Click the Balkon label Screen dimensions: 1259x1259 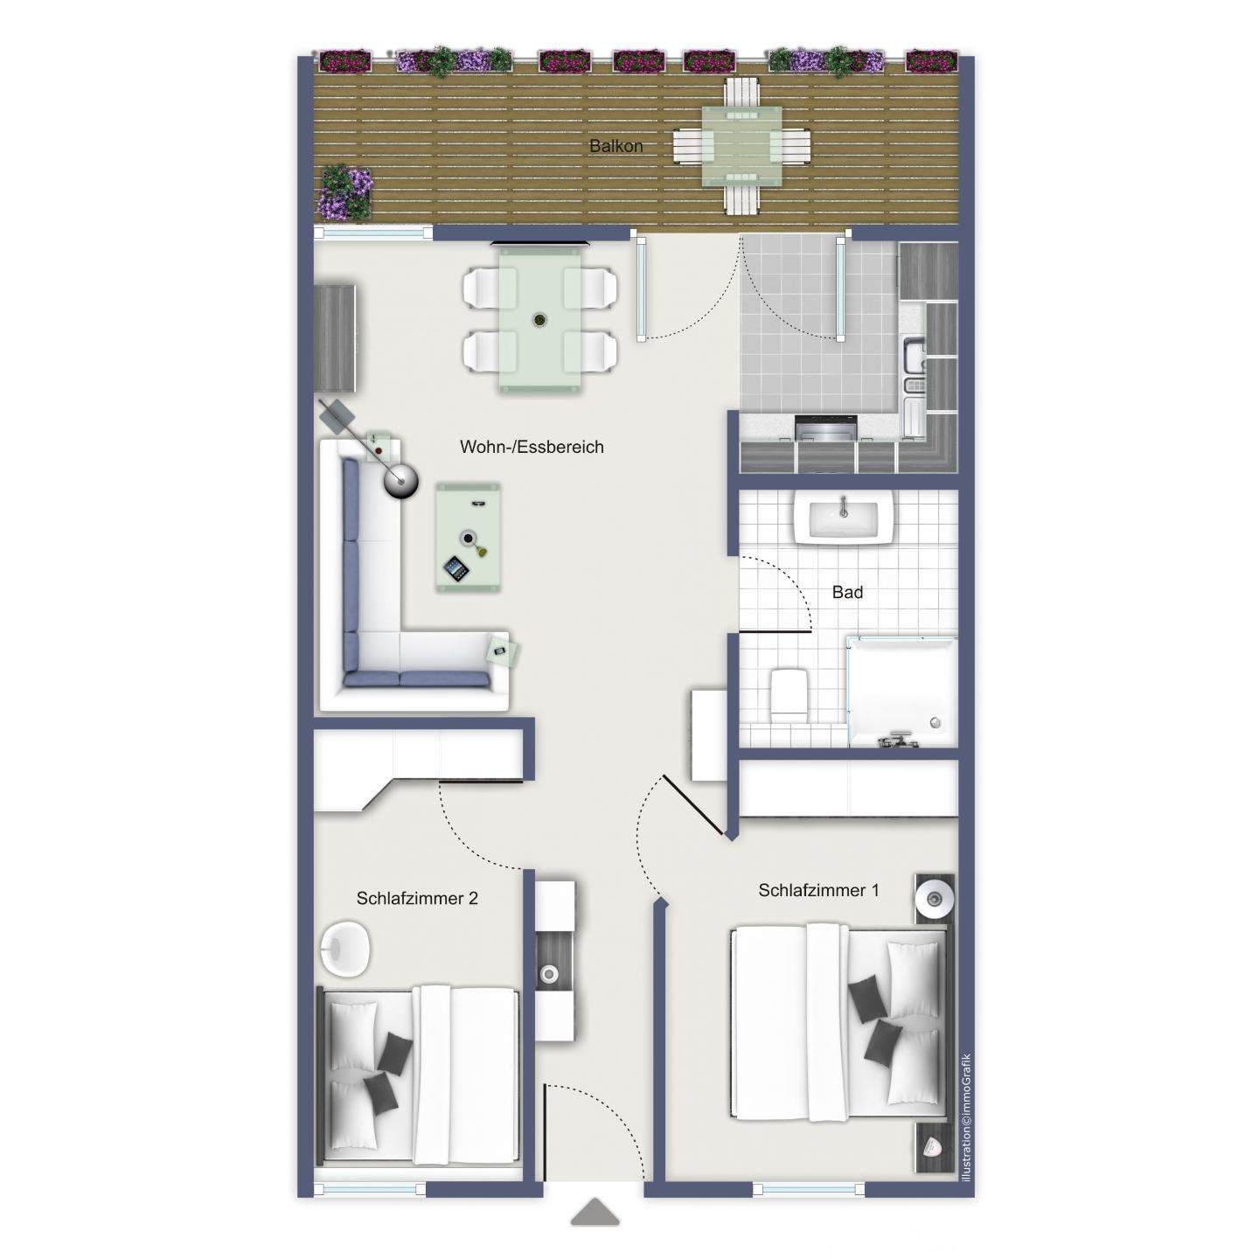click(x=616, y=146)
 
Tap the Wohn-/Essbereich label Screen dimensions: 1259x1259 click(x=532, y=447)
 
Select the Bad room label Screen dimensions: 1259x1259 click(x=847, y=592)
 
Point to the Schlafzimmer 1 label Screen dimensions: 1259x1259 click(x=818, y=890)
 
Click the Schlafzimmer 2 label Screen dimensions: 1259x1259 click(x=417, y=898)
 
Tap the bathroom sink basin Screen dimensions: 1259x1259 click(x=843, y=518)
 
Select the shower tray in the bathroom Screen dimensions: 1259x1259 click(x=901, y=691)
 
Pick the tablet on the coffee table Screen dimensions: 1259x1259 click(x=456, y=569)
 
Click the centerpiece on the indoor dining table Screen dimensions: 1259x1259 click(x=540, y=320)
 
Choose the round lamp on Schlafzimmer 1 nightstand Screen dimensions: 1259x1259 click(x=935, y=897)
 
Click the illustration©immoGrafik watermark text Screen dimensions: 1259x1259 click(x=966, y=1117)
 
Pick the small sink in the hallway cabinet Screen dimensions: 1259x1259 click(x=550, y=972)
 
